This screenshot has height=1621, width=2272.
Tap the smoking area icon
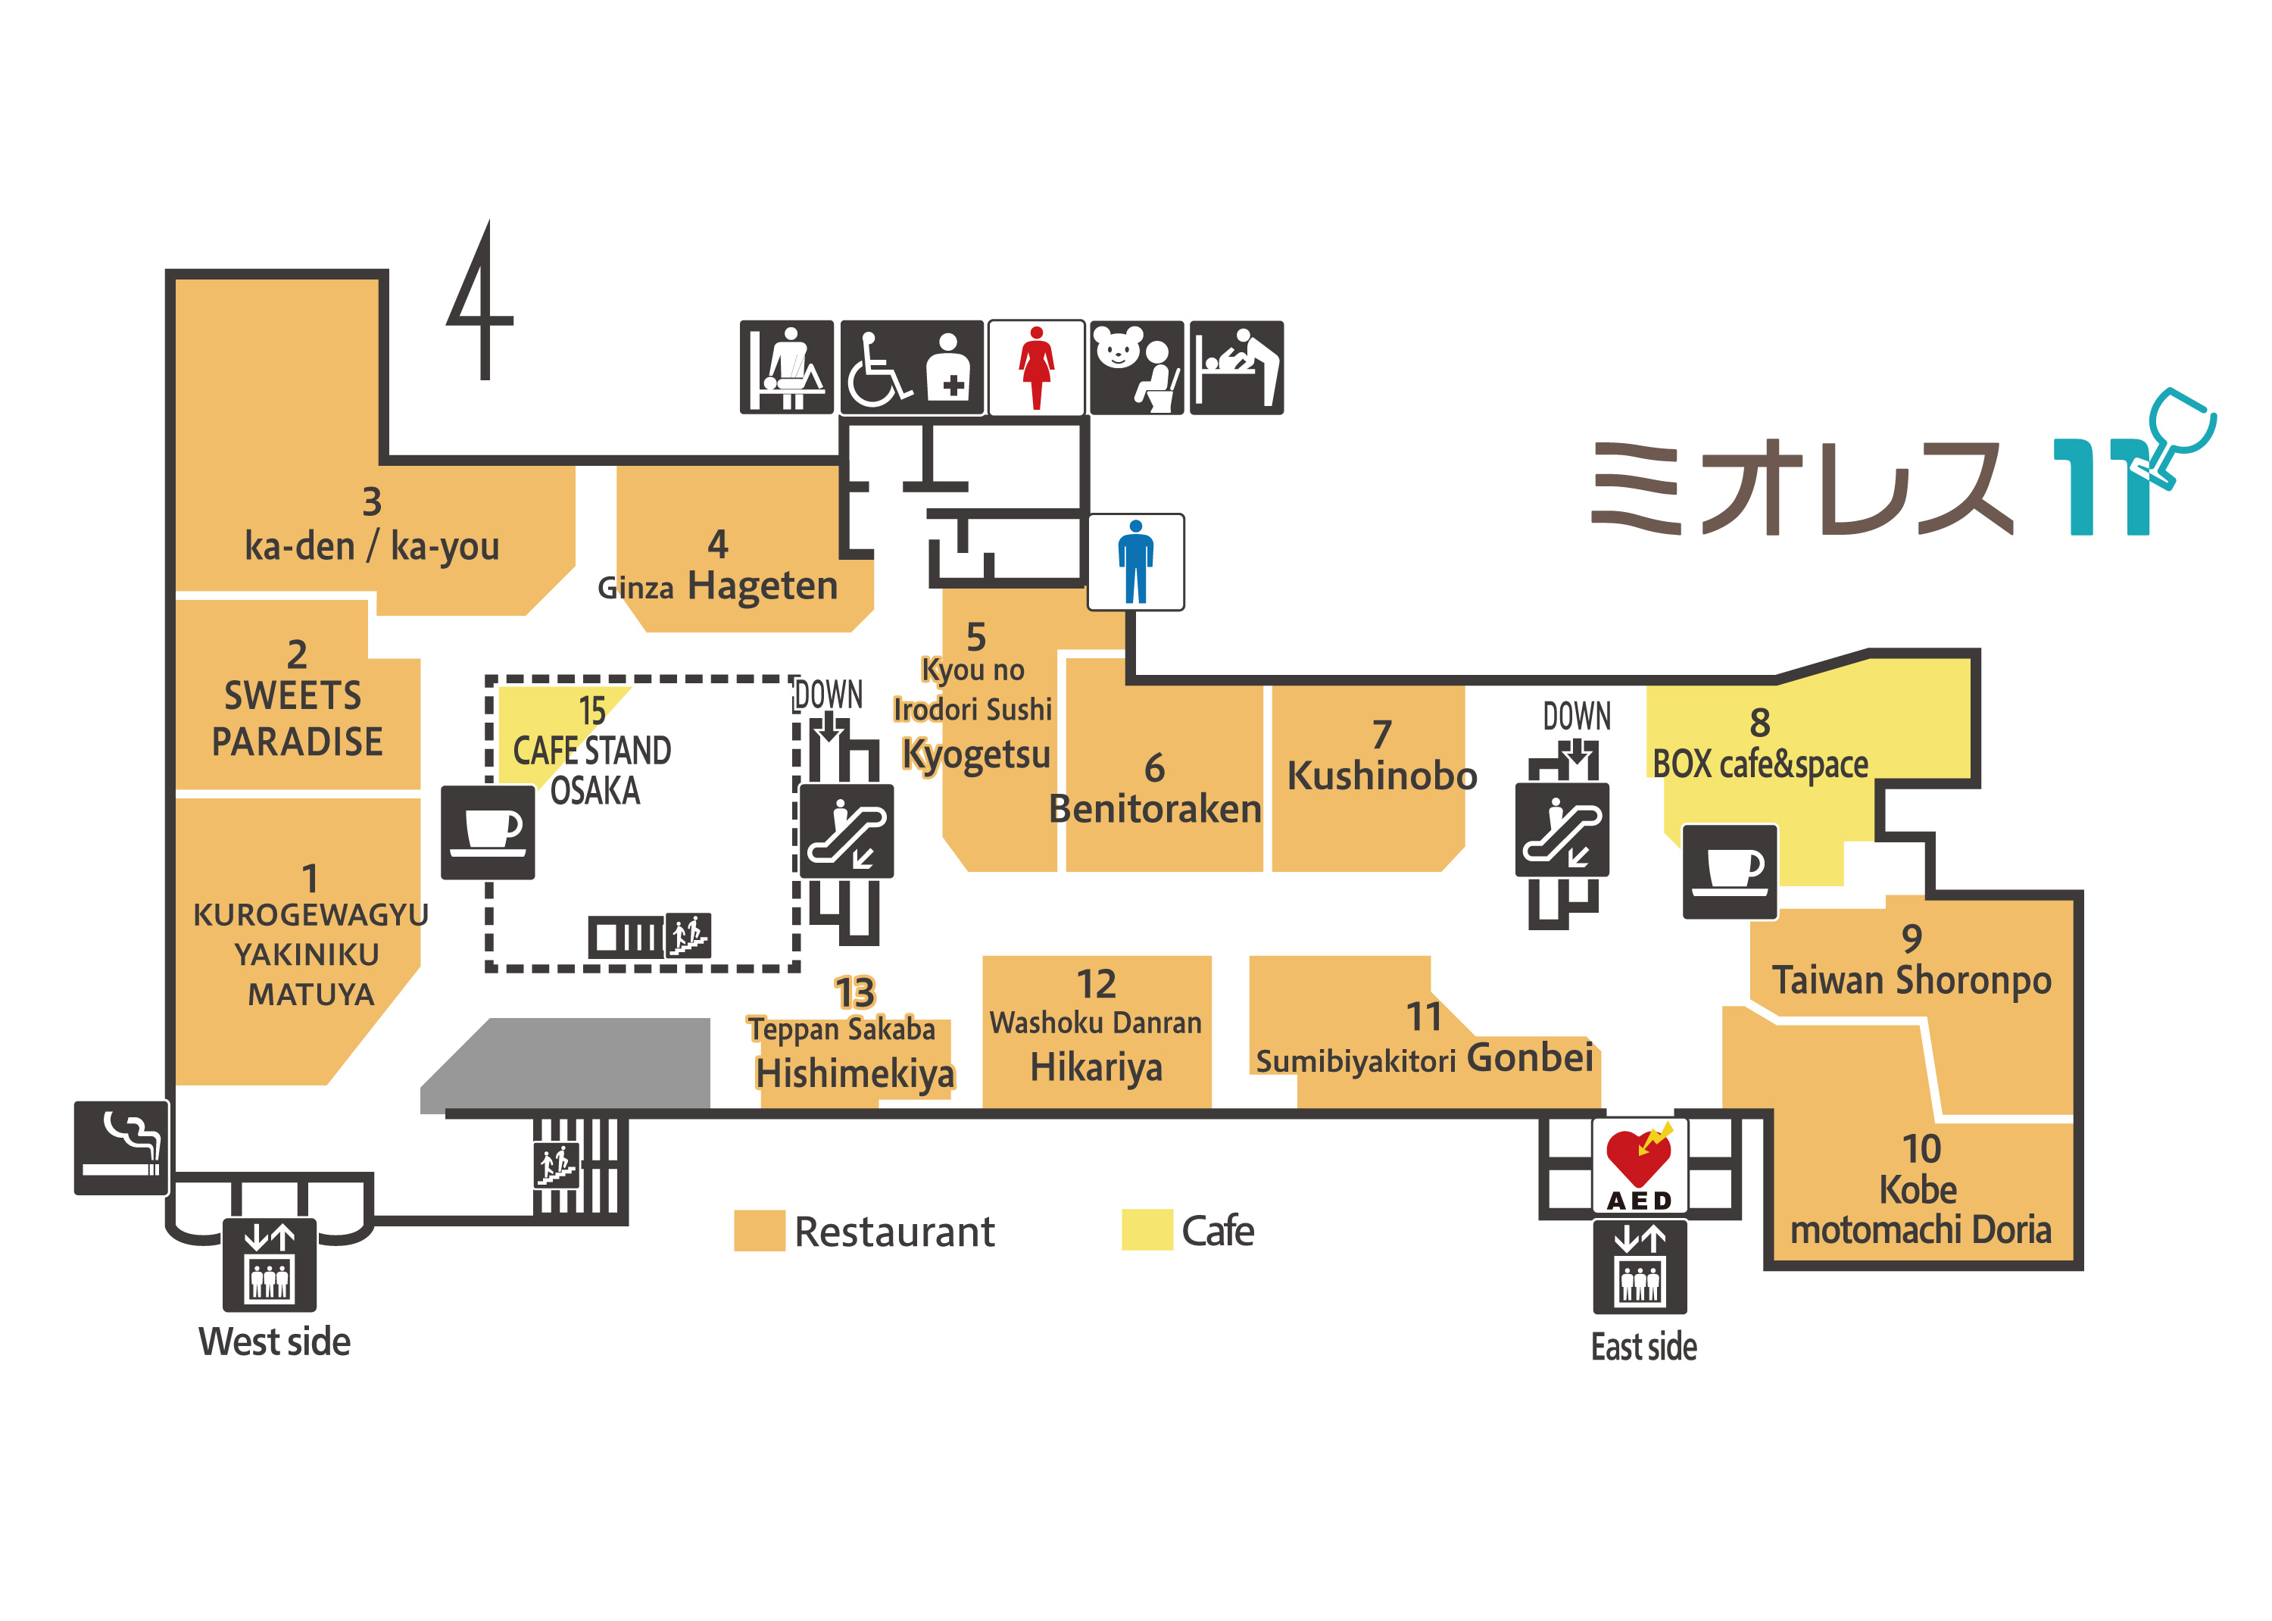(120, 1147)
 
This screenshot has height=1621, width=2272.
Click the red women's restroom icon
(1036, 367)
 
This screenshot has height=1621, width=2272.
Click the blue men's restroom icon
(1134, 561)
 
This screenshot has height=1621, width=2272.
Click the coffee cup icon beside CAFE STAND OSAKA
(487, 832)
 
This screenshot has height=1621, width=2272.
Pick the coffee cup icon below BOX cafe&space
(1728, 870)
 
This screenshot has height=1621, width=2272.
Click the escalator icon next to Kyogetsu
(845, 830)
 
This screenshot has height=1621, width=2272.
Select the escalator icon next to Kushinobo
(1561, 829)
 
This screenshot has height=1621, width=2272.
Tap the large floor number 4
(481, 302)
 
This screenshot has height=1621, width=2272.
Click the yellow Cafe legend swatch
(1146, 1229)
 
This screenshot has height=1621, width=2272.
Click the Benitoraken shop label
(1153, 808)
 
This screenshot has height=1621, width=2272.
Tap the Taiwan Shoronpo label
(1910, 979)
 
